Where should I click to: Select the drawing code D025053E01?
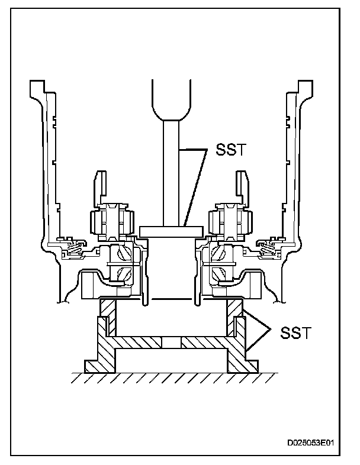tap(314, 442)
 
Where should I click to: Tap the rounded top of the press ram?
tap(172, 101)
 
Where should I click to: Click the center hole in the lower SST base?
tap(171, 342)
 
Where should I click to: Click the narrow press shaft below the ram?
tap(171, 172)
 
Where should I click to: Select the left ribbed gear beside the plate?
tap(110, 220)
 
